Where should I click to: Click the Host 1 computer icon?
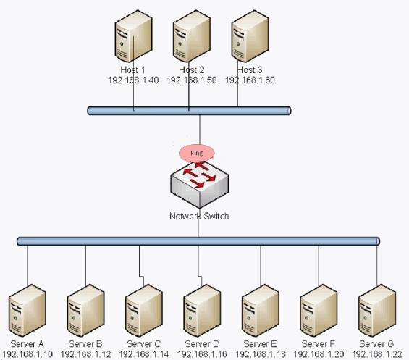click(x=133, y=36)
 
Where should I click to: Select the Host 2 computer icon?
click(x=192, y=36)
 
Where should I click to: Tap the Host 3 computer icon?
click(x=250, y=36)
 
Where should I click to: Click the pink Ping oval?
click(x=197, y=153)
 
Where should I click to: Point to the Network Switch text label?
click(x=199, y=216)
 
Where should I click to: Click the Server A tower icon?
click(x=27, y=310)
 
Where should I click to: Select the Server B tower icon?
click(x=85, y=310)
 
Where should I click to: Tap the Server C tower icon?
click(x=144, y=310)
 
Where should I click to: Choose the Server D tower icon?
click(x=202, y=310)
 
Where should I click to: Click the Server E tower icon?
click(x=261, y=310)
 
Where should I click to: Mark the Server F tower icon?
click(x=319, y=310)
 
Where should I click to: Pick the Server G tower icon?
click(x=377, y=310)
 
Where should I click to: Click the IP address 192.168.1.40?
click(x=133, y=80)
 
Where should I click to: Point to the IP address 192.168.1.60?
click(x=250, y=80)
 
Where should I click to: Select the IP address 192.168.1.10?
click(x=28, y=354)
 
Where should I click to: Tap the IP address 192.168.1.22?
click(x=377, y=354)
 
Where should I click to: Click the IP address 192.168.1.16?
click(x=202, y=354)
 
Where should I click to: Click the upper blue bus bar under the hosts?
click(x=189, y=111)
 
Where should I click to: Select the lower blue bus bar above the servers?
click(x=198, y=241)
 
